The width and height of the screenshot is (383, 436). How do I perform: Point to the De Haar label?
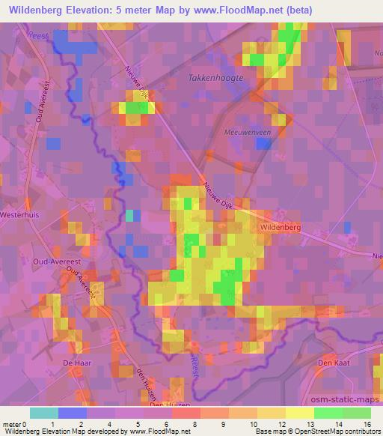pyautogui.click(x=76, y=362)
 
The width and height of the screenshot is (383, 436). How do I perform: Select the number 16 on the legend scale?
pyautogui.click(x=368, y=423)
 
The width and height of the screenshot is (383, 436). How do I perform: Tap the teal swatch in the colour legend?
pyautogui.click(x=44, y=413)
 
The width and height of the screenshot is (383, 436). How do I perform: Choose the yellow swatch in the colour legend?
pyautogui.click(x=300, y=413)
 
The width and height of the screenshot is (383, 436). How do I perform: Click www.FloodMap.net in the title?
pyautogui.click(x=236, y=10)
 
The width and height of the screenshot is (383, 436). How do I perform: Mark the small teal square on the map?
pyautogui.click(x=129, y=216)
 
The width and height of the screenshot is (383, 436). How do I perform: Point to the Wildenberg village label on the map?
pyautogui.click(x=281, y=225)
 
